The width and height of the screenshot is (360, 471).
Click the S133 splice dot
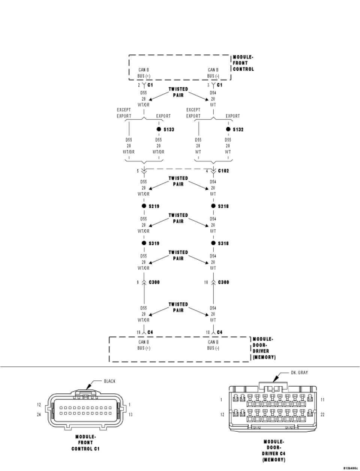159,129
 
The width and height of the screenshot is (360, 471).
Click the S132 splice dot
228,129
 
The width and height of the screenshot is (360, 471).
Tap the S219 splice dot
144,206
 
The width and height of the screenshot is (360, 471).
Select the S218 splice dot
213,206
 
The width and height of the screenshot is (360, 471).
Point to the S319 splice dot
144,243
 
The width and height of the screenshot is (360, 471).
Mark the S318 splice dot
213,243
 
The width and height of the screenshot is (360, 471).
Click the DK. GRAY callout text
299,372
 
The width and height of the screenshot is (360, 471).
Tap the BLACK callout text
109,381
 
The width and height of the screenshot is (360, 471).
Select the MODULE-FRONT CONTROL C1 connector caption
85,443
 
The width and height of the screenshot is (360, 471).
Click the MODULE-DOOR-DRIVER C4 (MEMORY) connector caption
274,451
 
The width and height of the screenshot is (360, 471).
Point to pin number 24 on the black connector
39,414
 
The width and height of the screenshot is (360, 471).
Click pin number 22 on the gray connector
322,414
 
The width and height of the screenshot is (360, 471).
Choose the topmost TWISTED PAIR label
178,92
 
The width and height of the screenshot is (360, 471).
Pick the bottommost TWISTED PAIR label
178,307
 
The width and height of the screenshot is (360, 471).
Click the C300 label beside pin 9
154,282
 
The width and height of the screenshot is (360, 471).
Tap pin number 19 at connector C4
138,332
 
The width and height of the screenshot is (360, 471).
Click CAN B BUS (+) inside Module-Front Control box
144,73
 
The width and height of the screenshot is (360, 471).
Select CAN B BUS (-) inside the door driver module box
213,345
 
